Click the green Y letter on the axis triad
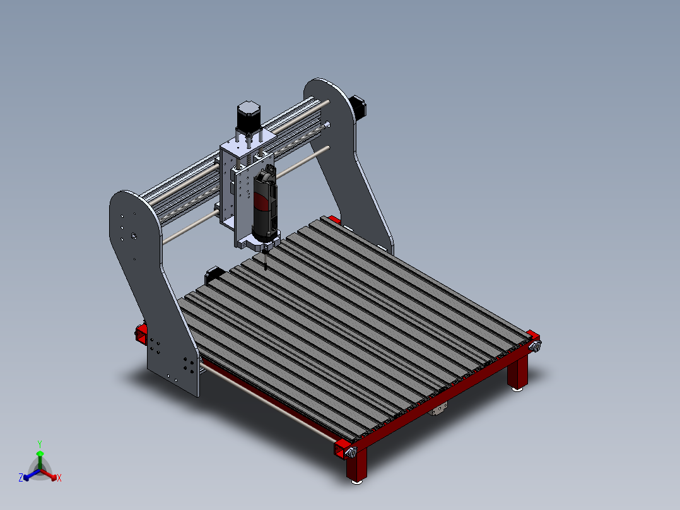click(40, 443)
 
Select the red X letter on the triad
click(59, 478)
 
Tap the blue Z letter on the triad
click(21, 478)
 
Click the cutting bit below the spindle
click(266, 259)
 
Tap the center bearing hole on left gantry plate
click(134, 236)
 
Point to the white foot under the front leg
click(357, 482)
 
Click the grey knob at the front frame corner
click(351, 452)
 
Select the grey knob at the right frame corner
click(537, 347)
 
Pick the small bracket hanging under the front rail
click(438, 410)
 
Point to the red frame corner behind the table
click(334, 220)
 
